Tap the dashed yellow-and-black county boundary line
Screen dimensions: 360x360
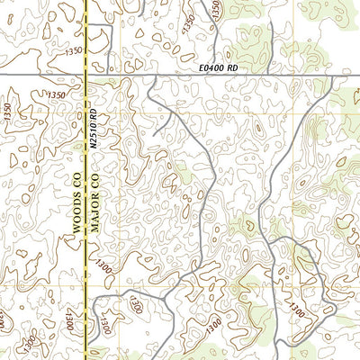[86, 270]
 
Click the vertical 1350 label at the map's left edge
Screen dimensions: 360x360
[8, 112]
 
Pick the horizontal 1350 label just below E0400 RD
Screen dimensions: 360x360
[57, 94]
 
